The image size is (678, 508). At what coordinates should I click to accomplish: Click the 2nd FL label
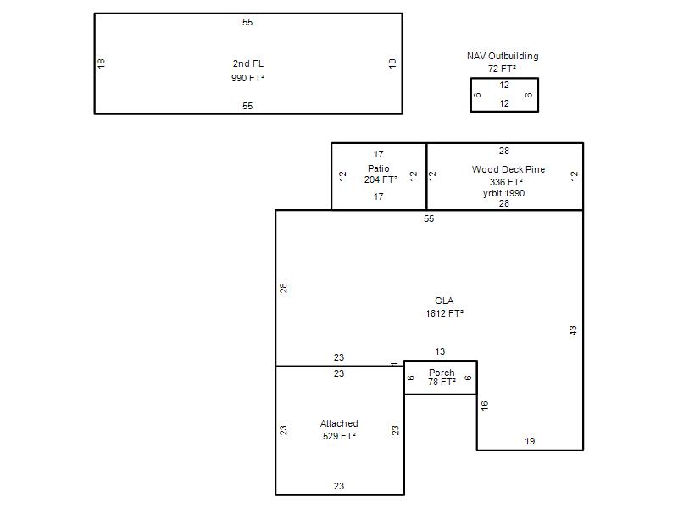click(x=247, y=63)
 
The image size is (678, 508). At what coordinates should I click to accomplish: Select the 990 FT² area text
click(x=247, y=78)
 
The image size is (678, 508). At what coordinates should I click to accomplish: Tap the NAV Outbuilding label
click(x=503, y=56)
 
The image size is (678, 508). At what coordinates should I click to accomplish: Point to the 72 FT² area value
click(x=502, y=69)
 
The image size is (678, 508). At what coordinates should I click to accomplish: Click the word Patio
click(x=378, y=168)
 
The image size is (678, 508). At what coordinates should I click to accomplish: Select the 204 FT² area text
click(x=381, y=179)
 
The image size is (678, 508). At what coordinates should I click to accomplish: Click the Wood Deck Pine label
click(x=508, y=169)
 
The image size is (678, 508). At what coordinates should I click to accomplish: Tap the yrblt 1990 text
click(x=503, y=193)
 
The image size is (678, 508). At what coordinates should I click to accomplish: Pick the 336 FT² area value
click(x=506, y=182)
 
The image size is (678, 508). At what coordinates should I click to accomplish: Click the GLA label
click(x=444, y=301)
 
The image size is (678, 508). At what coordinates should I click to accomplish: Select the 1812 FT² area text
click(x=444, y=313)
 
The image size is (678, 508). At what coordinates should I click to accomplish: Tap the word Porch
click(x=442, y=373)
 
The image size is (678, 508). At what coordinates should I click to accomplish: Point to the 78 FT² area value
click(x=442, y=382)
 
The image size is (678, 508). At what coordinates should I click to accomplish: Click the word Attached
click(x=339, y=423)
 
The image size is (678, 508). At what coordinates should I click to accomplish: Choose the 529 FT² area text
click(x=339, y=436)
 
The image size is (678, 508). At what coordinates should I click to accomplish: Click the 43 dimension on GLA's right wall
click(x=573, y=330)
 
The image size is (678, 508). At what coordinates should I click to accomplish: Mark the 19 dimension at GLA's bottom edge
click(x=530, y=441)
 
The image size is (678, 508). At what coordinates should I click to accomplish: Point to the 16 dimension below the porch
click(x=484, y=406)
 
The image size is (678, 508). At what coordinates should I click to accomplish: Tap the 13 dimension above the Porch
click(x=440, y=351)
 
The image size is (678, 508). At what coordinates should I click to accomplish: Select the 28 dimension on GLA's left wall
click(x=283, y=288)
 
